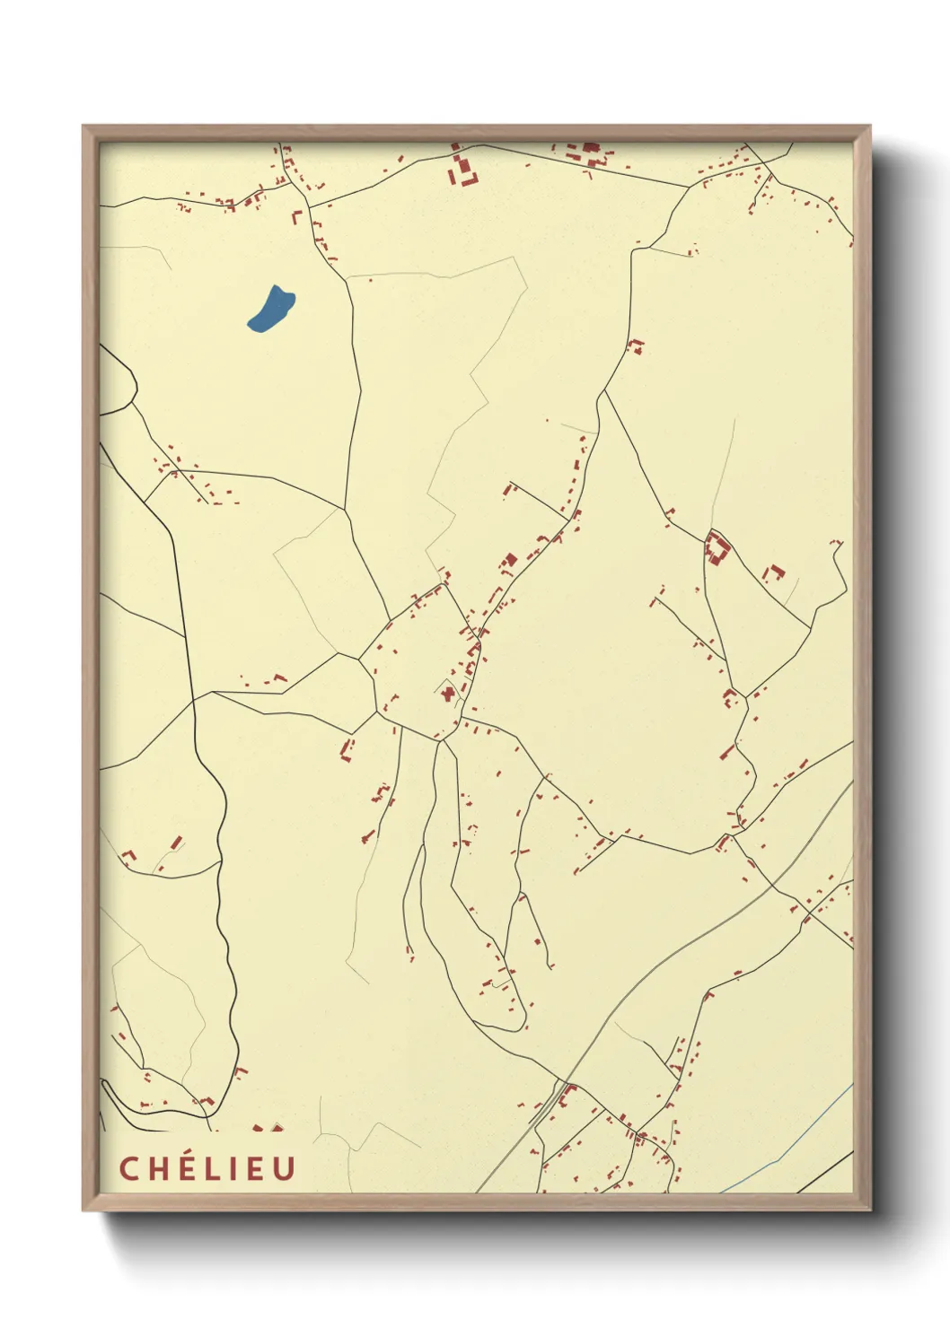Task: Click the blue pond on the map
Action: pos(270,308)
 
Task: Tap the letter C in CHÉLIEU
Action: pos(129,1168)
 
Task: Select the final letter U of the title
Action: pos(285,1168)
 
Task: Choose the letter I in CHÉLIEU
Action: pos(230,1168)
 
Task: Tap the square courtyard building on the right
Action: pos(717,546)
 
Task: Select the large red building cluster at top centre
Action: pos(463,170)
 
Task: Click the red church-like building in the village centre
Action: pos(447,692)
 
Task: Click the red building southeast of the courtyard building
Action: pos(773,572)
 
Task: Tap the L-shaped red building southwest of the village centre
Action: pos(346,749)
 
